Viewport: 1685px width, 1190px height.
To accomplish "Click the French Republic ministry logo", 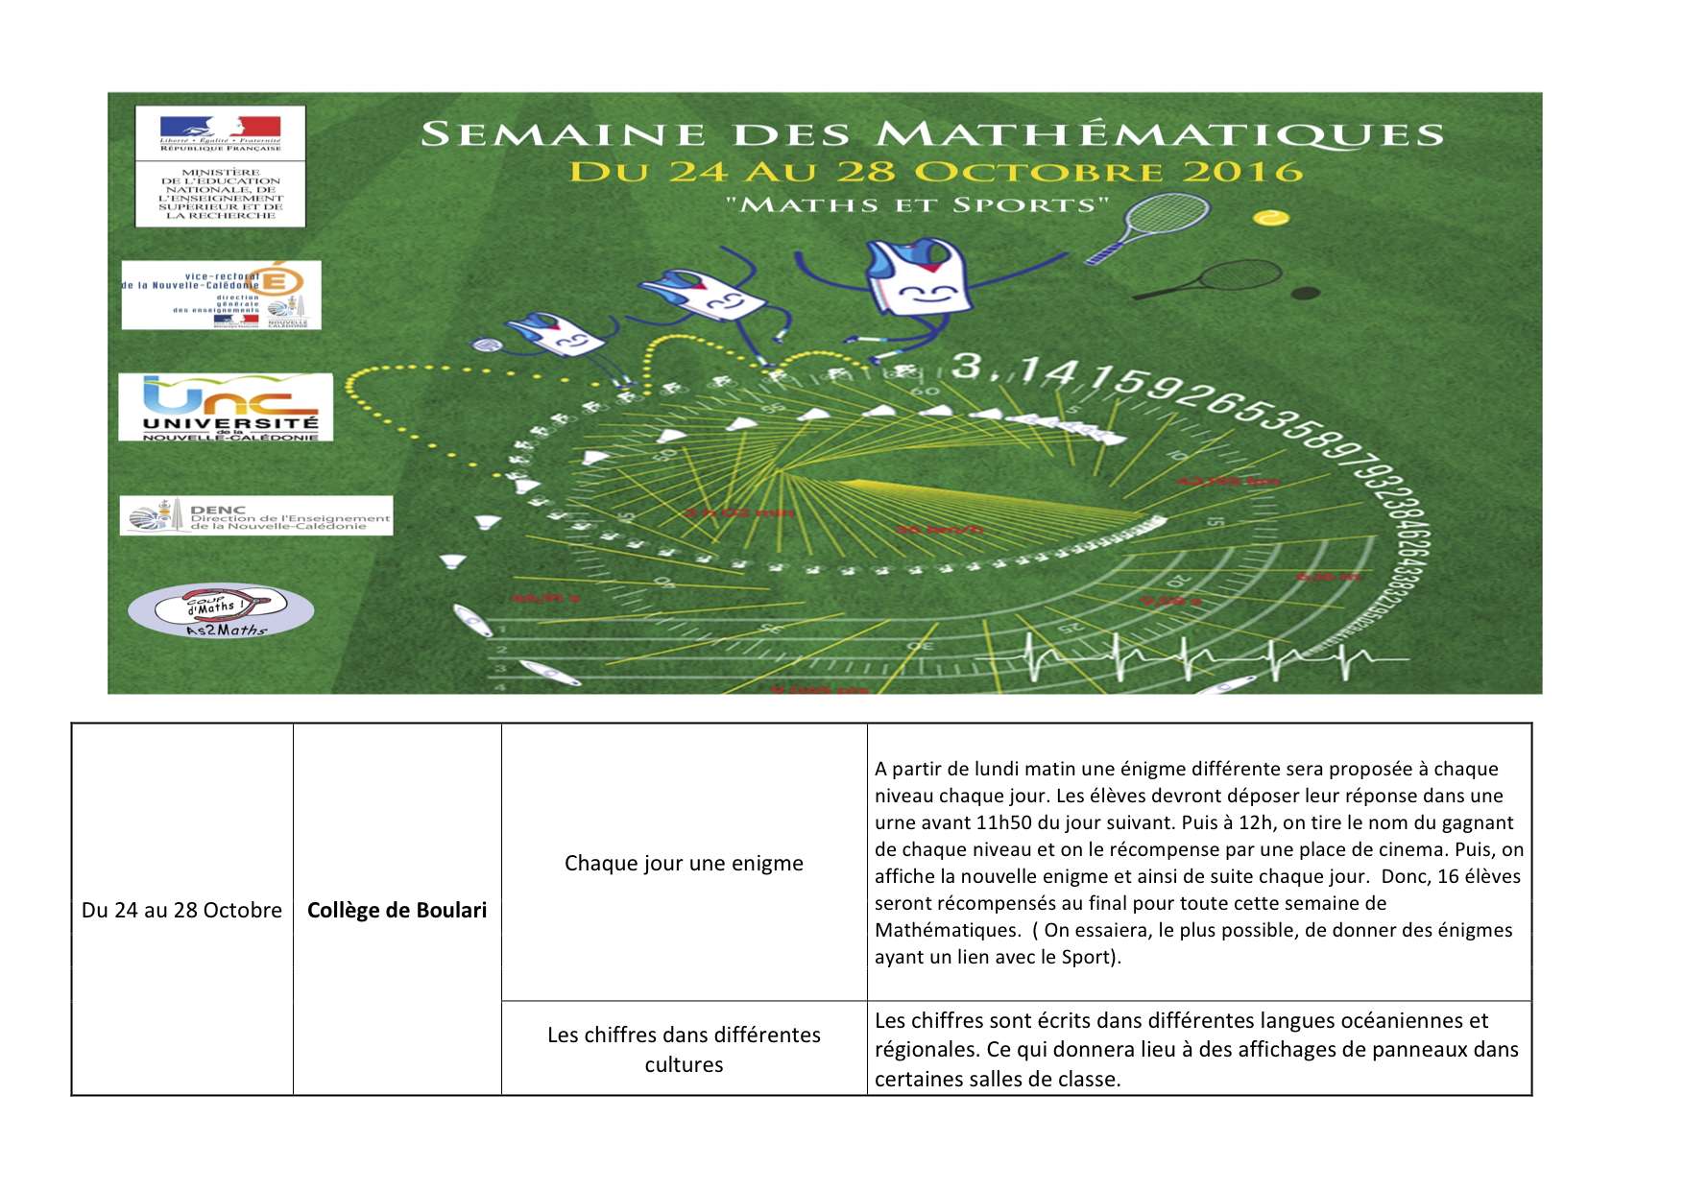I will (220, 165).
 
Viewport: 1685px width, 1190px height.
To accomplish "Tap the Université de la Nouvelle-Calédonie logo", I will (226, 408).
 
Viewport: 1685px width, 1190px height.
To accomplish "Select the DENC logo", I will (256, 516).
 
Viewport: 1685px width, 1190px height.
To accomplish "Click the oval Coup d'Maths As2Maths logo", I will (221, 611).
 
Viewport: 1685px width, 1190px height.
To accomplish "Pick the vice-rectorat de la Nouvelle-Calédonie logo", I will (221, 296).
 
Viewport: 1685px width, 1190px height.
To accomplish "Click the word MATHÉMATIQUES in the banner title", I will (1160, 134).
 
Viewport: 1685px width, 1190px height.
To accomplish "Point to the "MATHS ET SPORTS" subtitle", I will (917, 204).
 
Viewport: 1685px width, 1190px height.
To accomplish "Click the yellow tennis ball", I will (1271, 218).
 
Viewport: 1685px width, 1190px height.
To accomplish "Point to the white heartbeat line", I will (1210, 657).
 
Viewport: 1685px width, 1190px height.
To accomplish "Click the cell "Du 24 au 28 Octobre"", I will (181, 910).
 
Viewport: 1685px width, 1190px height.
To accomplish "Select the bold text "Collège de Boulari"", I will (397, 910).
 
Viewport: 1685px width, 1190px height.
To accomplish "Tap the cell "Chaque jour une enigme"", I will (684, 863).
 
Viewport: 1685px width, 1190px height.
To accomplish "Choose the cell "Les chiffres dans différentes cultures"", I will (684, 1049).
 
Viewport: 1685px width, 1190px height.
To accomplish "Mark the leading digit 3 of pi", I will (966, 366).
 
